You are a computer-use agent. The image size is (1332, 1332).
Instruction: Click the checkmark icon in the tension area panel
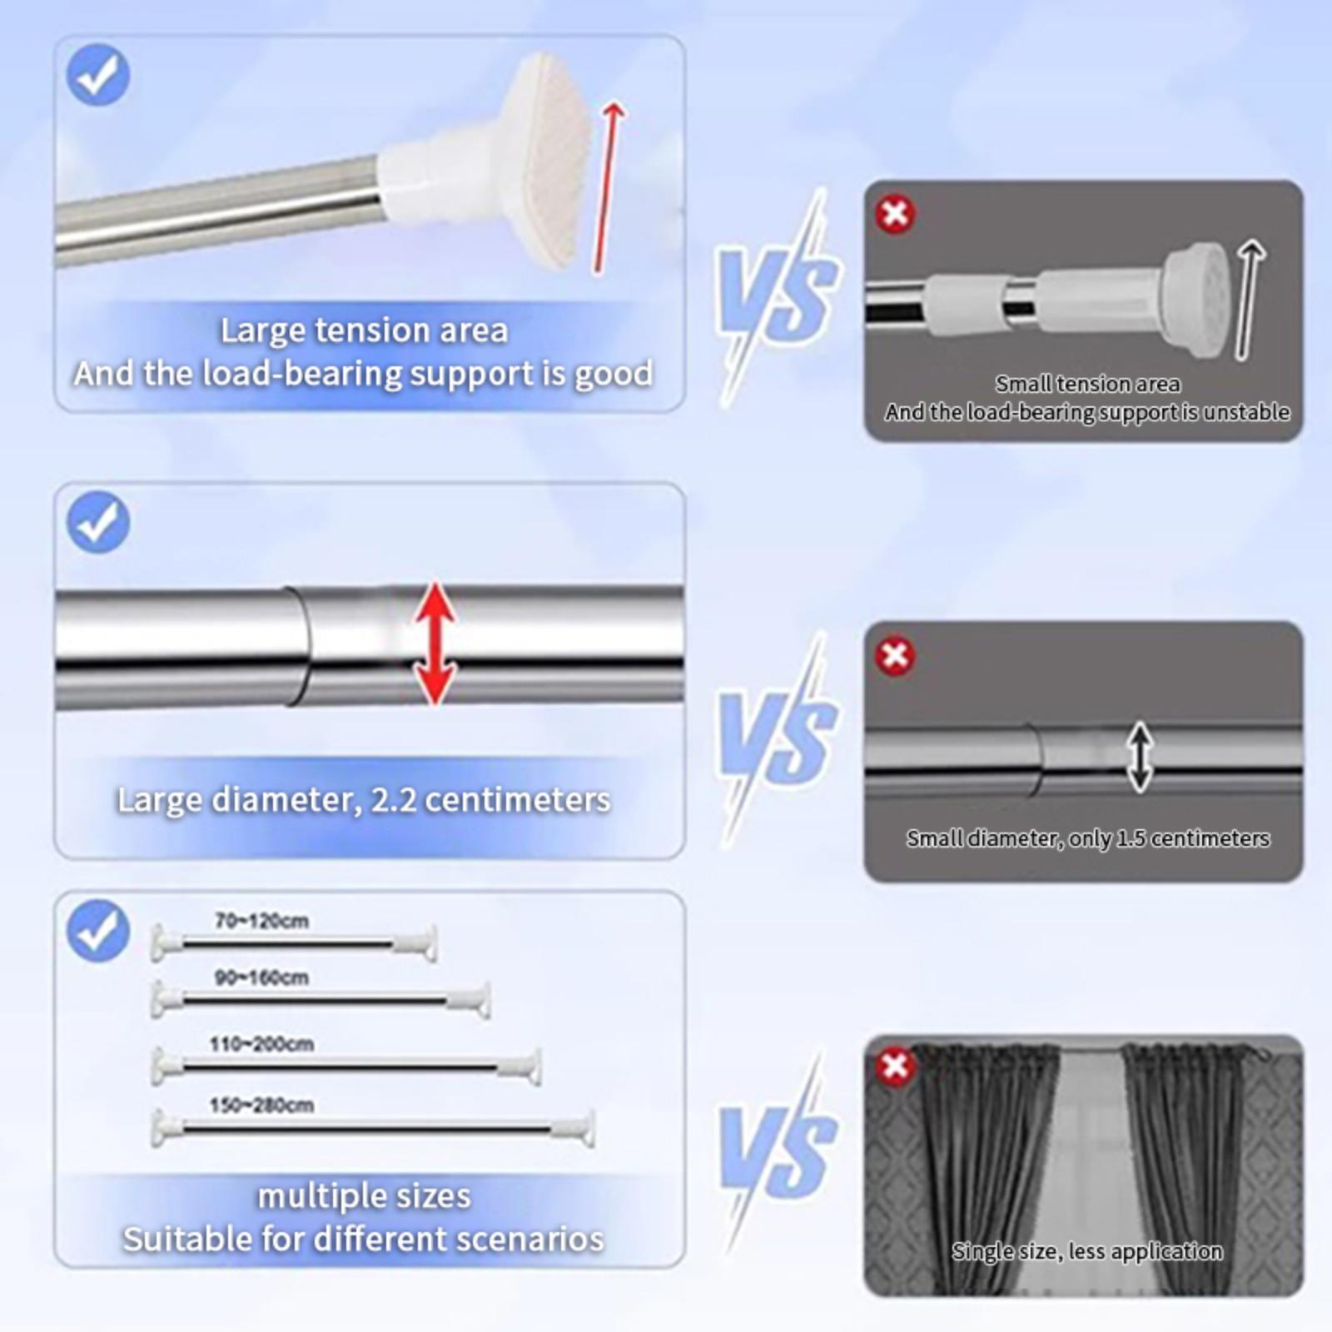tap(98, 75)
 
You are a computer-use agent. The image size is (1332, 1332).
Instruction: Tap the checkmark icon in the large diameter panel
tap(98, 522)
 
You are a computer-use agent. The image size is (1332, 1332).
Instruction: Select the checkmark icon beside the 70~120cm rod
tap(98, 931)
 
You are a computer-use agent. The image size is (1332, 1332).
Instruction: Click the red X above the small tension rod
tap(895, 214)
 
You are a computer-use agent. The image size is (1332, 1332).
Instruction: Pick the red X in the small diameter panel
tap(895, 655)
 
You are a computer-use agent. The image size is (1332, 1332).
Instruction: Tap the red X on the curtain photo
tap(895, 1066)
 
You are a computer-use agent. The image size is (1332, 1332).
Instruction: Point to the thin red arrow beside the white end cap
tap(609, 187)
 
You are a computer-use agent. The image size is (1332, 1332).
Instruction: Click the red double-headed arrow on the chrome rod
tap(435, 644)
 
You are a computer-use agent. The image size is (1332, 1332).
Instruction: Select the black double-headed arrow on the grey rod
tap(1140, 757)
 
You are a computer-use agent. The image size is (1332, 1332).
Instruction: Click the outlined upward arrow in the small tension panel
tap(1248, 300)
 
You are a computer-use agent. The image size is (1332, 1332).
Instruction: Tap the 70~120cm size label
tap(261, 921)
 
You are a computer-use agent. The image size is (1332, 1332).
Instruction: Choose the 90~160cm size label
tap(261, 977)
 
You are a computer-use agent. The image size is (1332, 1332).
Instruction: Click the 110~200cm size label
tap(261, 1044)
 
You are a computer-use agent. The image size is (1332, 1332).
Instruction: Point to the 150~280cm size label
tap(261, 1106)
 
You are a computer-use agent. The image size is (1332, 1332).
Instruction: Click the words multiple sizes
tap(364, 1196)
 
